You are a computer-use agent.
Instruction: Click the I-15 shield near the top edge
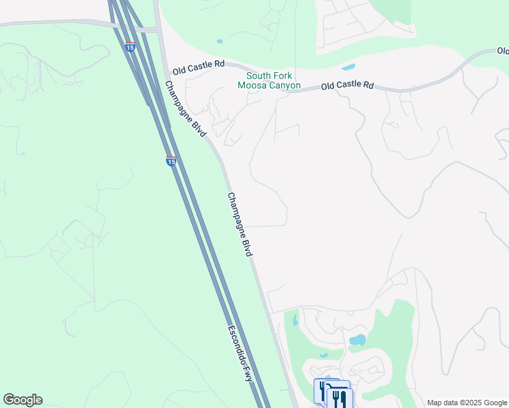[130, 46]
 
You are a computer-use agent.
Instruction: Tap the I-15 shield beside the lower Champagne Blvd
[171, 160]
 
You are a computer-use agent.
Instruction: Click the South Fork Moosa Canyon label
[269, 80]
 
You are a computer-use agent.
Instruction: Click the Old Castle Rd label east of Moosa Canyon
[347, 86]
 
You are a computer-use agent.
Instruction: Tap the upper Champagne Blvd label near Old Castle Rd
[185, 109]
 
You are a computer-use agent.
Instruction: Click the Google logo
[22, 400]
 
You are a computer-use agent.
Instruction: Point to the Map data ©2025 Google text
[467, 403]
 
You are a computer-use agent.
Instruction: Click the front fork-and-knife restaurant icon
[340, 398]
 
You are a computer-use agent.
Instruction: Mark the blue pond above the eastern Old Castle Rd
[348, 67]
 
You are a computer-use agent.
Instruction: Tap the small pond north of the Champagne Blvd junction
[219, 41]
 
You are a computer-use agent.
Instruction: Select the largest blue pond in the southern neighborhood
[357, 339]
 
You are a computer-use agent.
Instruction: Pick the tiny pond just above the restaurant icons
[325, 355]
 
